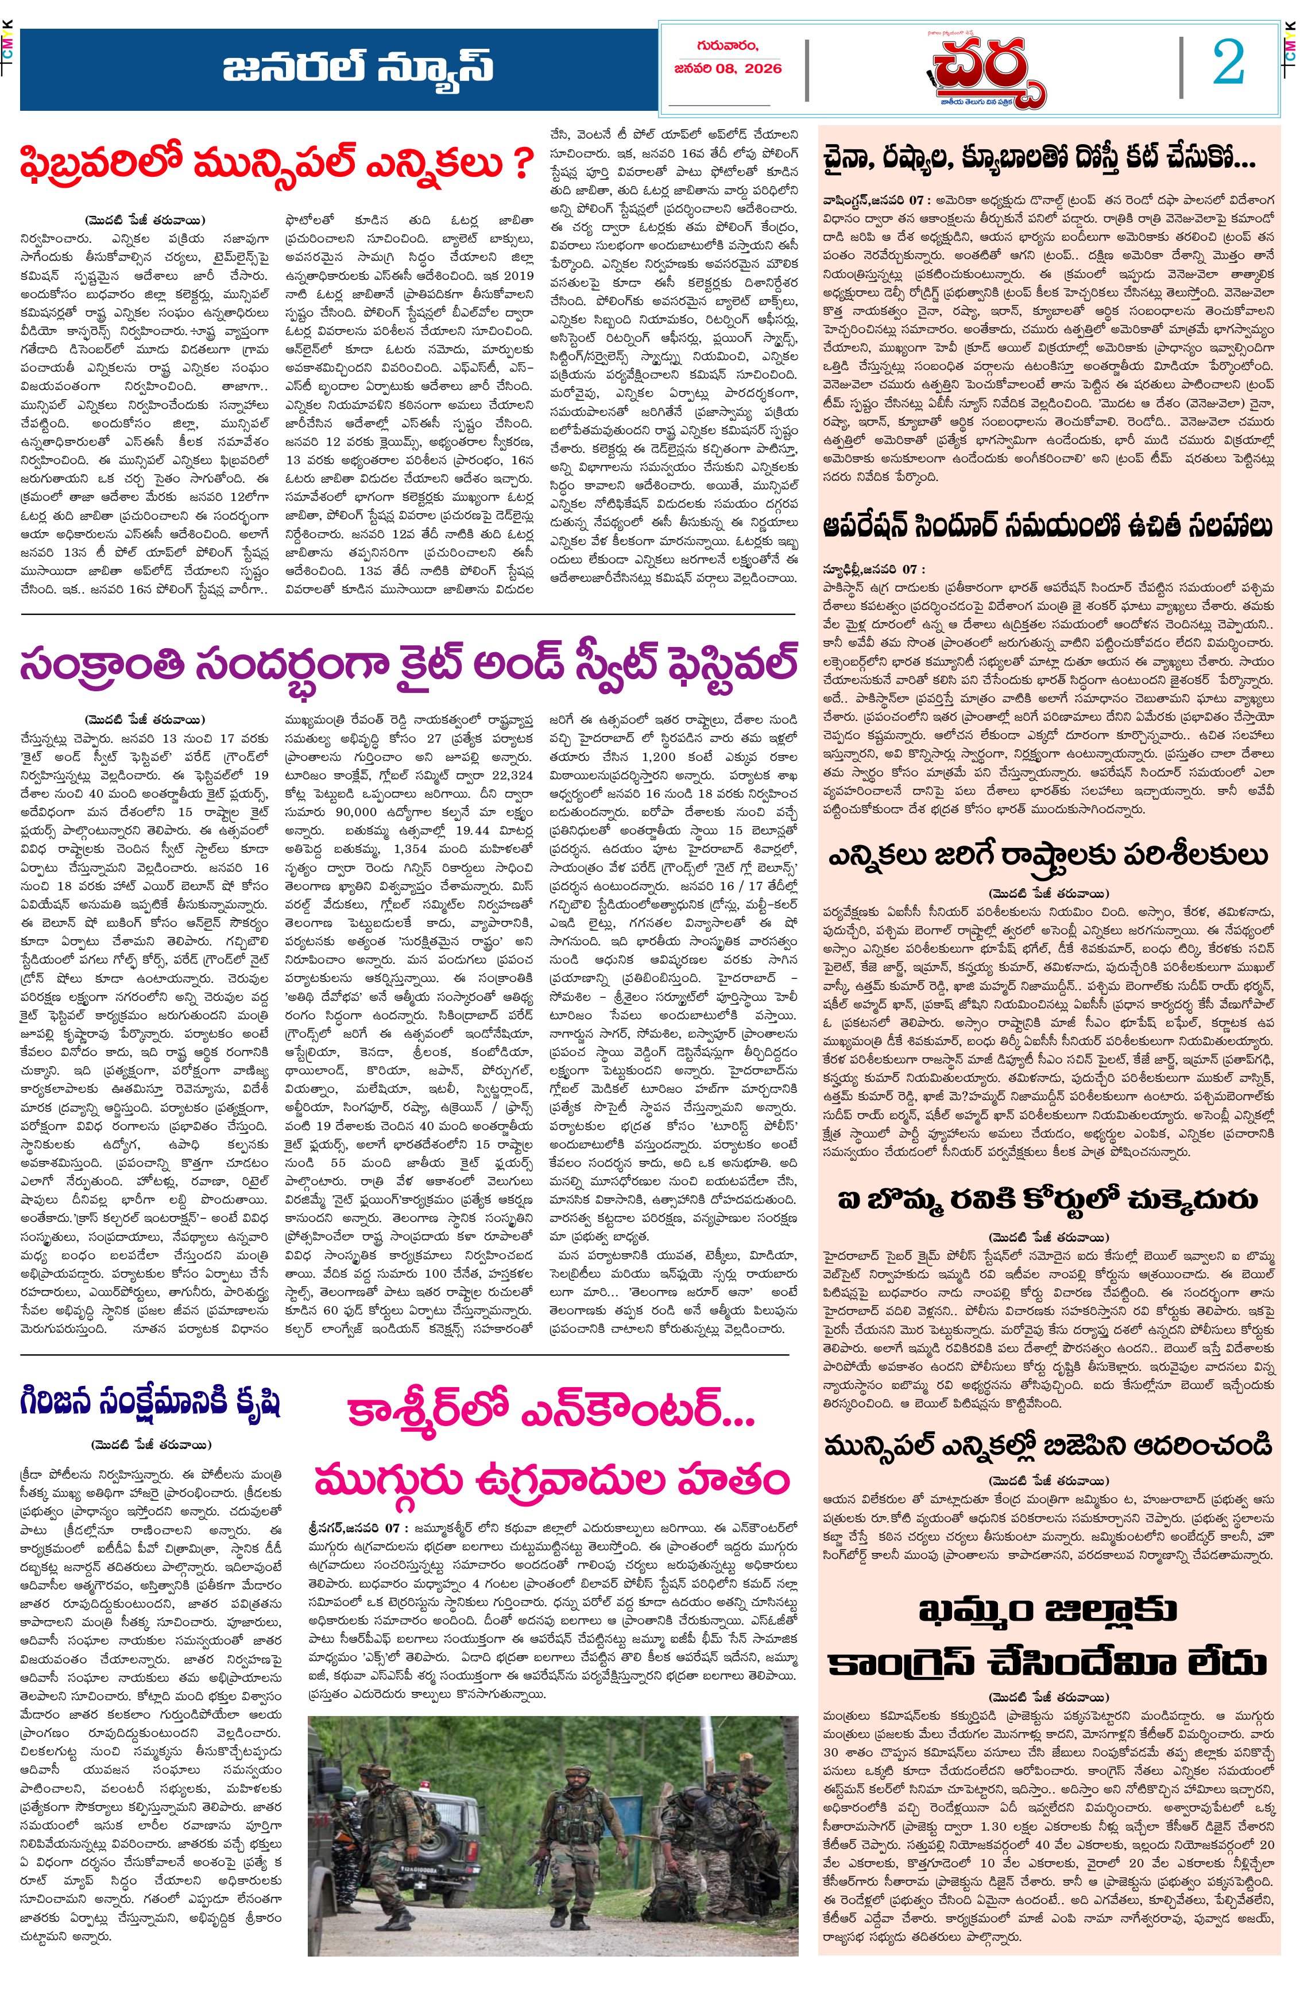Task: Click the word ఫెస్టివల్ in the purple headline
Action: (x=711, y=664)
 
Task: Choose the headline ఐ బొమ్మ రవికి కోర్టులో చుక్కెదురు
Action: (x=1047, y=1199)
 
